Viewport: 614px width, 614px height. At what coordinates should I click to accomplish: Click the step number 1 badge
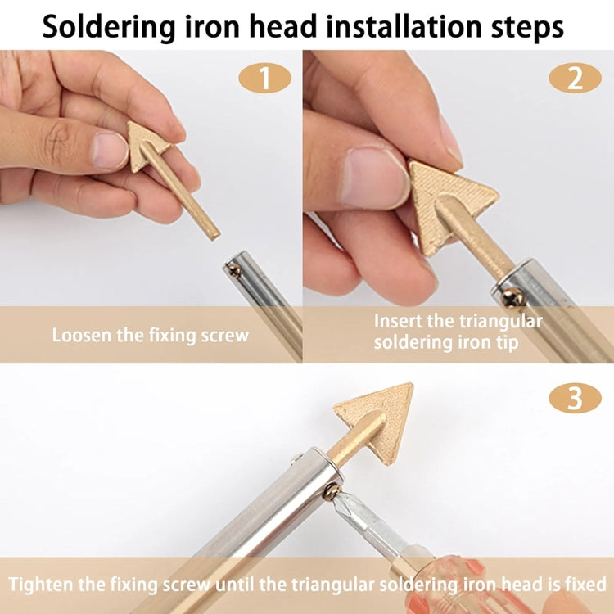tap(264, 79)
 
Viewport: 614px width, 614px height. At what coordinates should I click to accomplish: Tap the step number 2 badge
tap(575, 79)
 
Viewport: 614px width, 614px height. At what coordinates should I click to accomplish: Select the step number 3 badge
tap(575, 399)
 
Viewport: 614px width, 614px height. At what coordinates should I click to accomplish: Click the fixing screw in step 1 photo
tap(235, 269)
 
